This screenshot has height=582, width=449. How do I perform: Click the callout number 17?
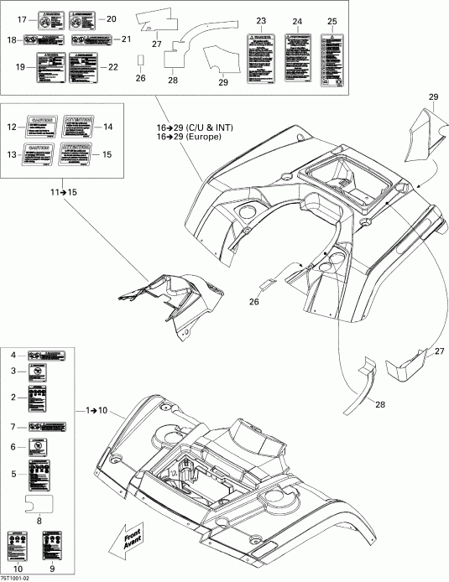(x=22, y=18)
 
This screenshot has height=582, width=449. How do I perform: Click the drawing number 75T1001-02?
(x=17, y=577)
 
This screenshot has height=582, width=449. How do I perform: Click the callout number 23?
(x=261, y=20)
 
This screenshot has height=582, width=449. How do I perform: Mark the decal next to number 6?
(x=39, y=448)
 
